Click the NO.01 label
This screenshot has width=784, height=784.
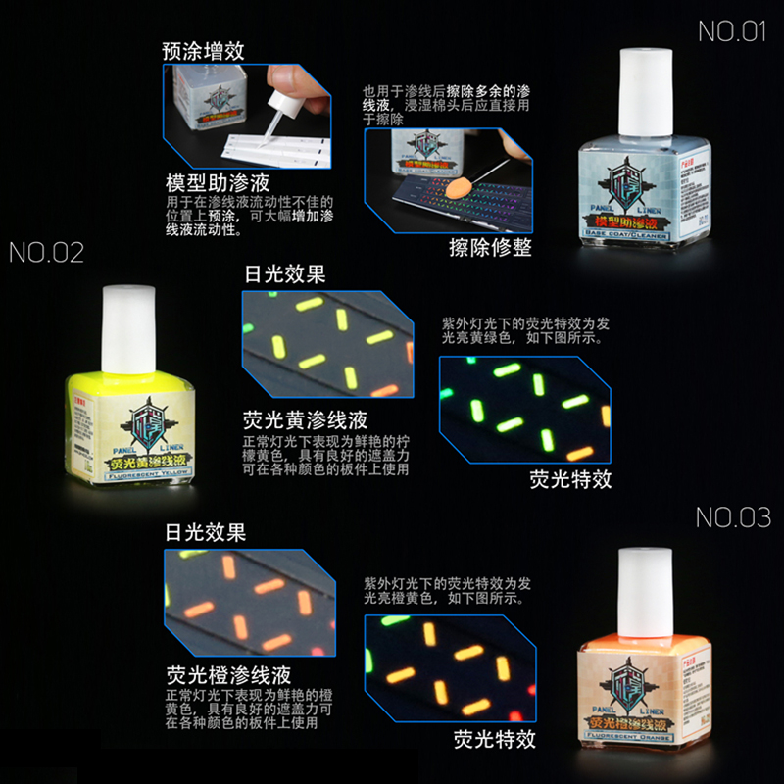point(731,31)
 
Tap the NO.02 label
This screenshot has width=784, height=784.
point(47,253)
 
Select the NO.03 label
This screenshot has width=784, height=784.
point(733,517)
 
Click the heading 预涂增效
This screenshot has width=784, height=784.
point(204,51)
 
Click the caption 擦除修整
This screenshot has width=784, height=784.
point(489,247)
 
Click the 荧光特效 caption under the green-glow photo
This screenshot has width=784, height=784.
point(570,478)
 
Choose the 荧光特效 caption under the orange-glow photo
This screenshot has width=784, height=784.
point(494,737)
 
